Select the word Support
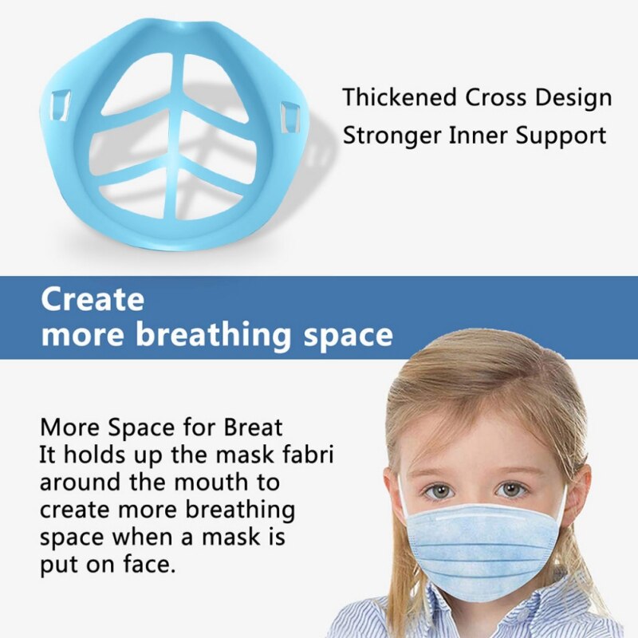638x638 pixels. pyautogui.click(x=565, y=136)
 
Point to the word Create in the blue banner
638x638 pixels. pyautogui.click(x=93, y=300)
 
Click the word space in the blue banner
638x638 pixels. pyautogui.click(x=345, y=335)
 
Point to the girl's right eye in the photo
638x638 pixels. pyautogui.click(x=510, y=489)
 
